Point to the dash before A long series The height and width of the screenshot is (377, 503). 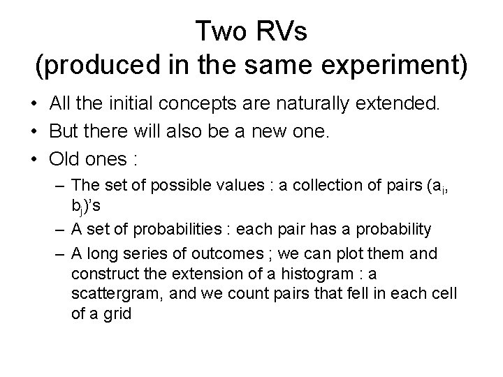(59, 256)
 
